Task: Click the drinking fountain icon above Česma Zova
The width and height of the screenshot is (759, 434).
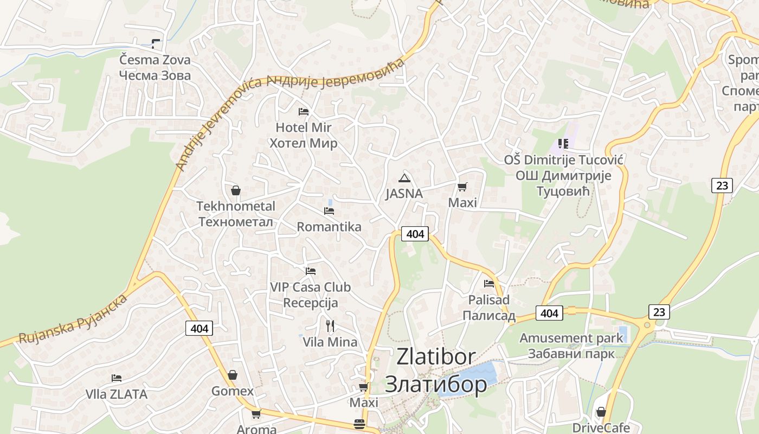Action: tap(156, 44)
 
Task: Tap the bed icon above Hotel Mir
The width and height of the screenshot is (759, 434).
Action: tap(304, 112)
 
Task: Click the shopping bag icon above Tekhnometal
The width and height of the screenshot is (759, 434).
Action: tap(236, 190)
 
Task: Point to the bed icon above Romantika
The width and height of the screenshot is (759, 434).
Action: tap(329, 210)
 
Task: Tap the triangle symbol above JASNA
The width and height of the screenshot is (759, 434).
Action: tap(404, 178)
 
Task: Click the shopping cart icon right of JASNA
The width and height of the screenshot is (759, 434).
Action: tap(462, 187)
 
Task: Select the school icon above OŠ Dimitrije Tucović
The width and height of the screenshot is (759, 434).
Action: tap(563, 144)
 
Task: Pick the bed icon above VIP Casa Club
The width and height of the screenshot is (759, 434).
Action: tap(311, 271)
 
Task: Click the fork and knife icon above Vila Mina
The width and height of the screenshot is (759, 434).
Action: tap(330, 325)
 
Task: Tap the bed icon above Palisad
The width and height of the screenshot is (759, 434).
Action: tap(489, 283)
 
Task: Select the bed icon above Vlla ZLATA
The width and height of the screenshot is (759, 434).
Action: tap(117, 378)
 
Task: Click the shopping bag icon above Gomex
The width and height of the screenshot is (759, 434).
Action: tap(233, 375)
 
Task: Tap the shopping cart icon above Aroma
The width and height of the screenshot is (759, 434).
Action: tap(256, 414)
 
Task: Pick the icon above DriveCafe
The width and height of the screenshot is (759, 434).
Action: tap(601, 412)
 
